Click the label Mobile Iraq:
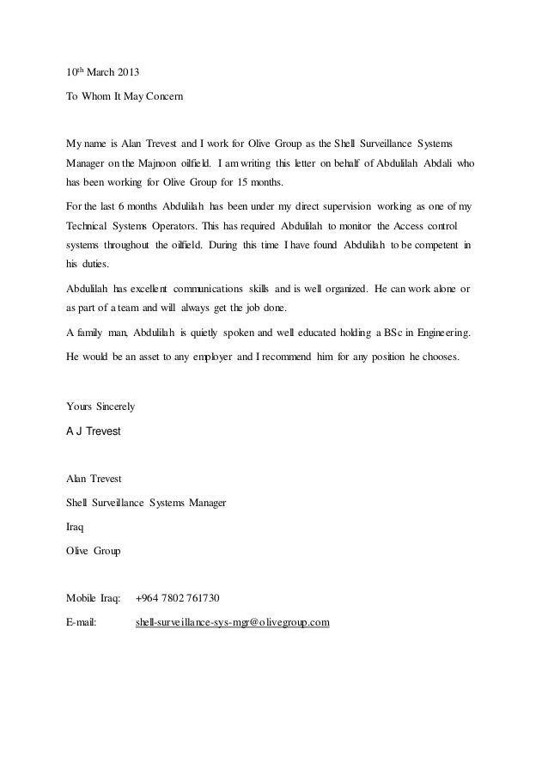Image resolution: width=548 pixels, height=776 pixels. point(93,597)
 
